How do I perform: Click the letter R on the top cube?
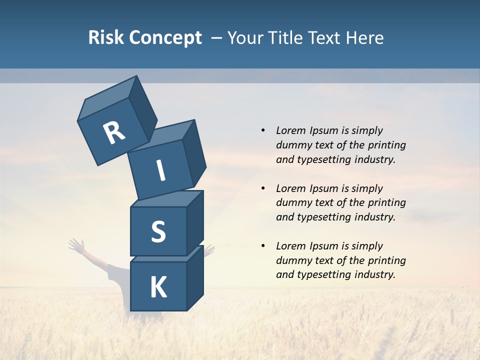114,132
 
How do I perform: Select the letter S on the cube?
158,232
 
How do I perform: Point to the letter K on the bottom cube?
158,287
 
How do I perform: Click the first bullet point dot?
263,130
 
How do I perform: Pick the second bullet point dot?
263,188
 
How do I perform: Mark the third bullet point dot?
263,246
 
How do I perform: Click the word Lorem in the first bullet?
290,130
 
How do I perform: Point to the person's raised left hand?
76,245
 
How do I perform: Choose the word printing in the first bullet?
387,145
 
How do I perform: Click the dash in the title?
217,38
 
